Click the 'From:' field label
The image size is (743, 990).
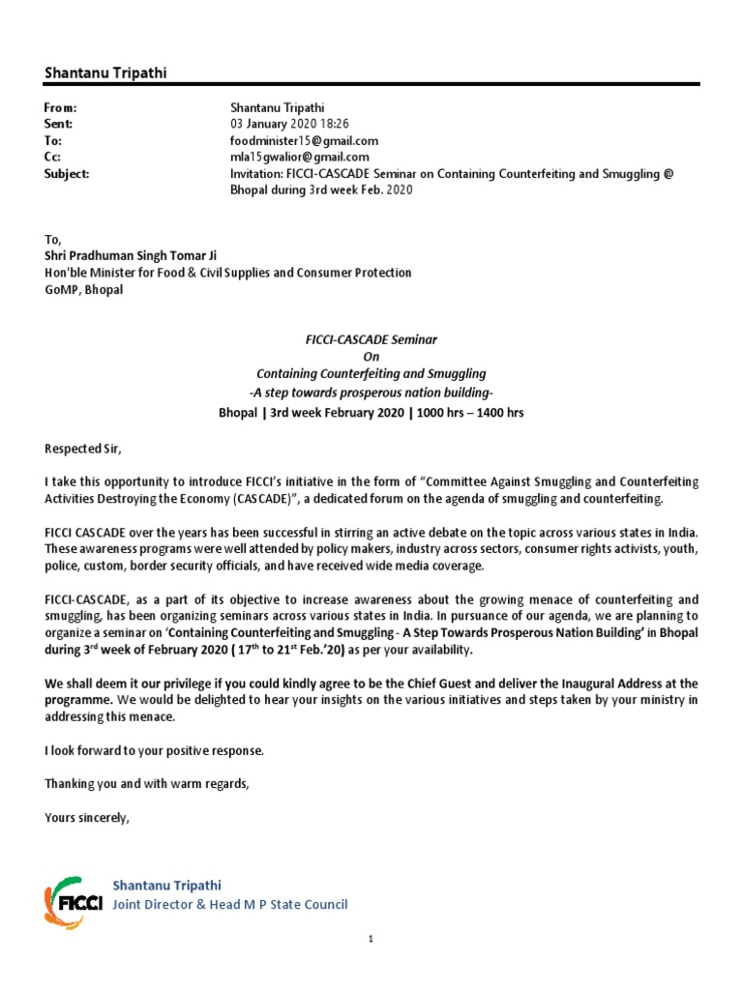pyautogui.click(x=60, y=108)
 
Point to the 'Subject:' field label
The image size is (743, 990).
pyautogui.click(x=67, y=173)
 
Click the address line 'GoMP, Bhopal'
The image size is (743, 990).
pyautogui.click(x=84, y=290)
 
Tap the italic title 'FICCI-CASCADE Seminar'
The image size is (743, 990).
pyautogui.click(x=371, y=339)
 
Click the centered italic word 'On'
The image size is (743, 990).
pyautogui.click(x=371, y=357)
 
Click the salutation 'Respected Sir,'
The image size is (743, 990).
pyautogui.click(x=84, y=448)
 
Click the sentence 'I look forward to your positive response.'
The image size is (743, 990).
pyautogui.click(x=154, y=749)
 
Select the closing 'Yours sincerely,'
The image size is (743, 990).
pyautogui.click(x=86, y=817)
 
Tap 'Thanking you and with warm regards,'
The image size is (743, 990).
pyautogui.click(x=147, y=783)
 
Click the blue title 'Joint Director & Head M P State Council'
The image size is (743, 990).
pyautogui.click(x=230, y=905)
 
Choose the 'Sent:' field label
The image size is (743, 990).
pyautogui.click(x=59, y=125)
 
